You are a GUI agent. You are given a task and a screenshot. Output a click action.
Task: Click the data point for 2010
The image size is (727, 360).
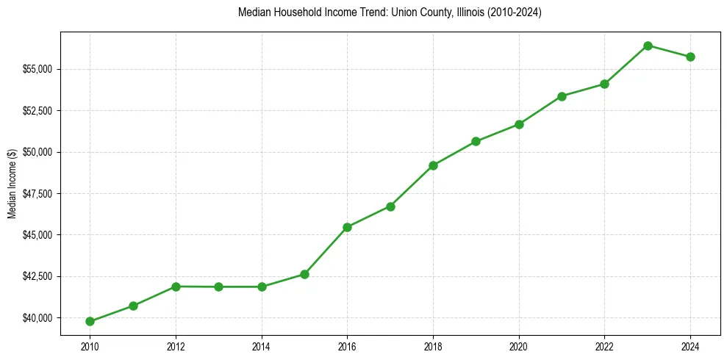[x=90, y=321]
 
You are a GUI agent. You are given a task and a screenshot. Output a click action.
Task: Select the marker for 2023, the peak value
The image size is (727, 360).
[x=648, y=46]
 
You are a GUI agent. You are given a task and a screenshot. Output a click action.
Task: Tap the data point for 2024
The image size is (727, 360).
[x=690, y=57]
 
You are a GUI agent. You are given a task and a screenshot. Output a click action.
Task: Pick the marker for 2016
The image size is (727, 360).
[x=347, y=227]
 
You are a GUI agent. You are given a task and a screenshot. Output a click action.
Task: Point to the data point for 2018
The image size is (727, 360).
[x=433, y=165]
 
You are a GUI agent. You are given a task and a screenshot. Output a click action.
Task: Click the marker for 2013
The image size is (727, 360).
[x=218, y=287]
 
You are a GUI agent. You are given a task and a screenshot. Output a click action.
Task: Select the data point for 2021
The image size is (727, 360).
[x=562, y=96]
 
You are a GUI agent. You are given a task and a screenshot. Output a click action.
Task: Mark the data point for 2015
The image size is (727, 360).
[x=304, y=274]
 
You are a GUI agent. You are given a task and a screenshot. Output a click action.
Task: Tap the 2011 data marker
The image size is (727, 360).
[x=132, y=306]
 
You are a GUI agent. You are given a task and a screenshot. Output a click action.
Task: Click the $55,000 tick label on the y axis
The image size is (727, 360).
[x=37, y=69]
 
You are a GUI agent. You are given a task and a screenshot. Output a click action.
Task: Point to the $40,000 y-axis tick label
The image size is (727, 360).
[x=37, y=318]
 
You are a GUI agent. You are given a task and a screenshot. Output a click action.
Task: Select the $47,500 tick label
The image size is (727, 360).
[x=37, y=194]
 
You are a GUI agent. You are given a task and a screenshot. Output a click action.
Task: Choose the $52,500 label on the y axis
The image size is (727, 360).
[x=37, y=111]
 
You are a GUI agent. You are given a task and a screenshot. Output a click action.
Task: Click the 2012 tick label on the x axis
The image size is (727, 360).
[x=176, y=346]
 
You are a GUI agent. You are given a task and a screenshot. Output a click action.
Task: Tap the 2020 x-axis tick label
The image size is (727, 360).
[x=519, y=346]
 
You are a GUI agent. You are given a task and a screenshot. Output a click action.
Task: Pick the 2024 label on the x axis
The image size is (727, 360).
[x=690, y=346]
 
